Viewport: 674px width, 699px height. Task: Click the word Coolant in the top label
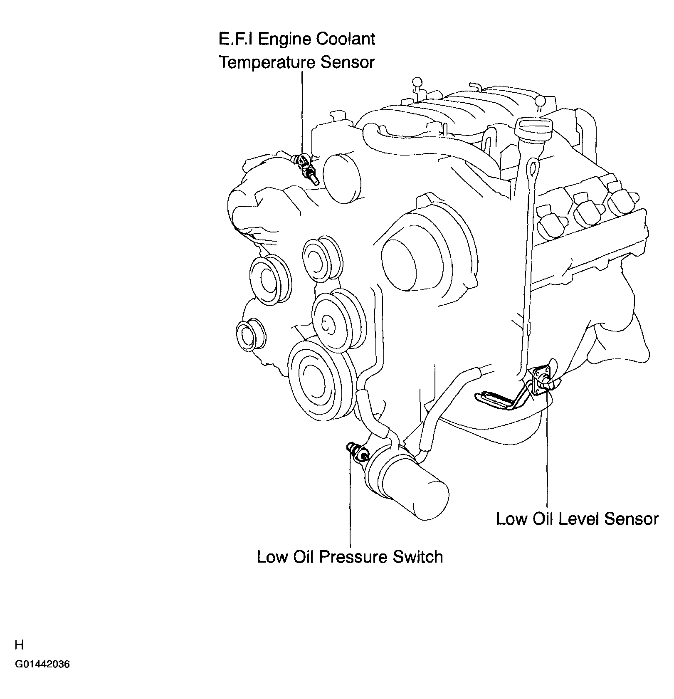tap(346, 39)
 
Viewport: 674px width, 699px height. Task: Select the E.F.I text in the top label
tap(237, 39)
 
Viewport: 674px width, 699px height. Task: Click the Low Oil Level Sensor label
tap(578, 519)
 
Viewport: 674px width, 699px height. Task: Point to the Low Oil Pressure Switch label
tap(350, 557)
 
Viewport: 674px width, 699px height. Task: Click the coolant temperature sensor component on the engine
tap(305, 168)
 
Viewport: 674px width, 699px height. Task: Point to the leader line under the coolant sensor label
tap(302, 112)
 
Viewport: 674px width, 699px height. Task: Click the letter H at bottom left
tap(19, 645)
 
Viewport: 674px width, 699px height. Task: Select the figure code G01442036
tap(42, 676)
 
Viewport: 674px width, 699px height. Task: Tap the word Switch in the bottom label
tap(417, 557)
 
